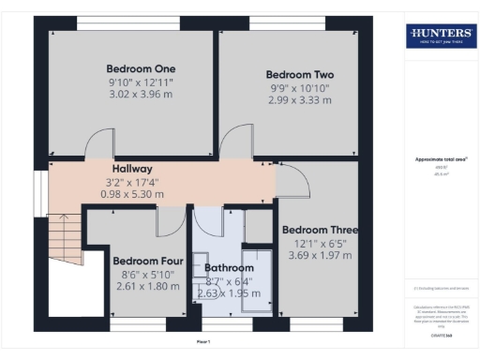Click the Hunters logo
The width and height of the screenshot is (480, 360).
click(439, 37)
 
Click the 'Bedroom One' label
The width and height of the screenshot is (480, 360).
click(141, 68)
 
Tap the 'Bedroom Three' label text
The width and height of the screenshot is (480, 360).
click(320, 230)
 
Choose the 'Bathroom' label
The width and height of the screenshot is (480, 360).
click(230, 267)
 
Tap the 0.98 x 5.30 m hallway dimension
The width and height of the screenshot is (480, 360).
click(132, 194)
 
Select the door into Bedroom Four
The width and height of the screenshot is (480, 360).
click(169, 221)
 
